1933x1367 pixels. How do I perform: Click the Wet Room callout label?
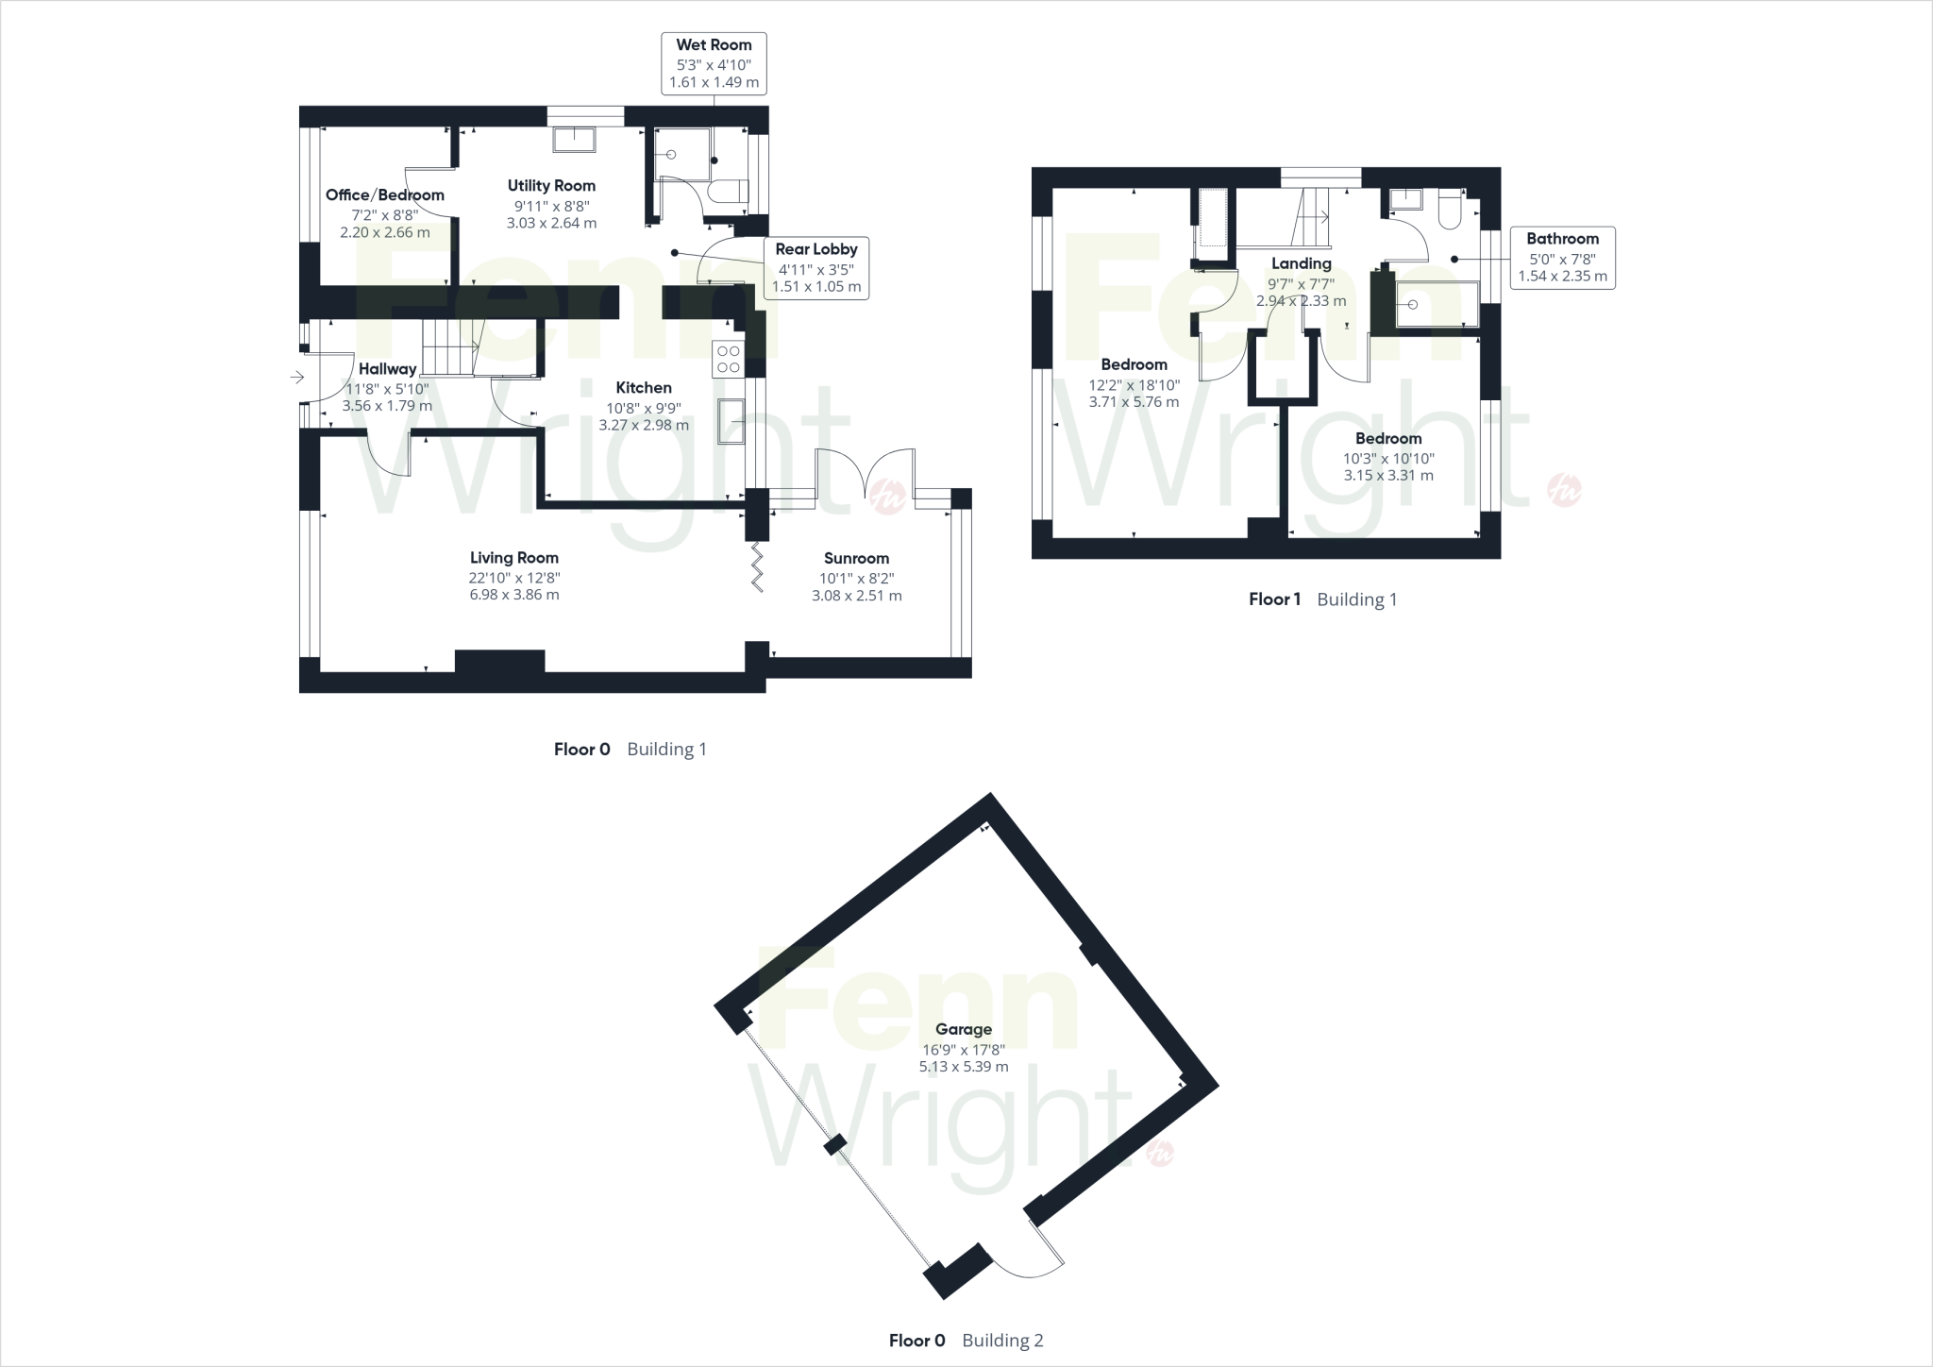714,63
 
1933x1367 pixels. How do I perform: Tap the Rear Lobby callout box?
815,267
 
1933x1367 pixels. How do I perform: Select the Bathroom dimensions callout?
1562,258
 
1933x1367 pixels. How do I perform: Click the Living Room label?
514,558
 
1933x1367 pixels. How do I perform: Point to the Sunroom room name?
856,558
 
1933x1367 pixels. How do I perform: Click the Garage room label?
964,1029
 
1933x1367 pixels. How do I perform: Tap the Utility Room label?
551,186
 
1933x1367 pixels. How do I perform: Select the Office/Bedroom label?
384,195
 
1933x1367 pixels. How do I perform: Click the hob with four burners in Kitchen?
729,359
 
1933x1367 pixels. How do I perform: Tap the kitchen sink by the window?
731,420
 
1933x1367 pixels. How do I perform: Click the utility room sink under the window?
573,140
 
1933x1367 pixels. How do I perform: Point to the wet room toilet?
729,193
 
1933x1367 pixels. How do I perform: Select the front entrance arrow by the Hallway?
297,378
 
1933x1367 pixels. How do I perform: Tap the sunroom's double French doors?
865,472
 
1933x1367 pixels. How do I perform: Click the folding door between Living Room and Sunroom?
756,566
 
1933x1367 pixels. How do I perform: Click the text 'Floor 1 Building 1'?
1322,599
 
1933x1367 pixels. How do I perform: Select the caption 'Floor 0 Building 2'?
966,1341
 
